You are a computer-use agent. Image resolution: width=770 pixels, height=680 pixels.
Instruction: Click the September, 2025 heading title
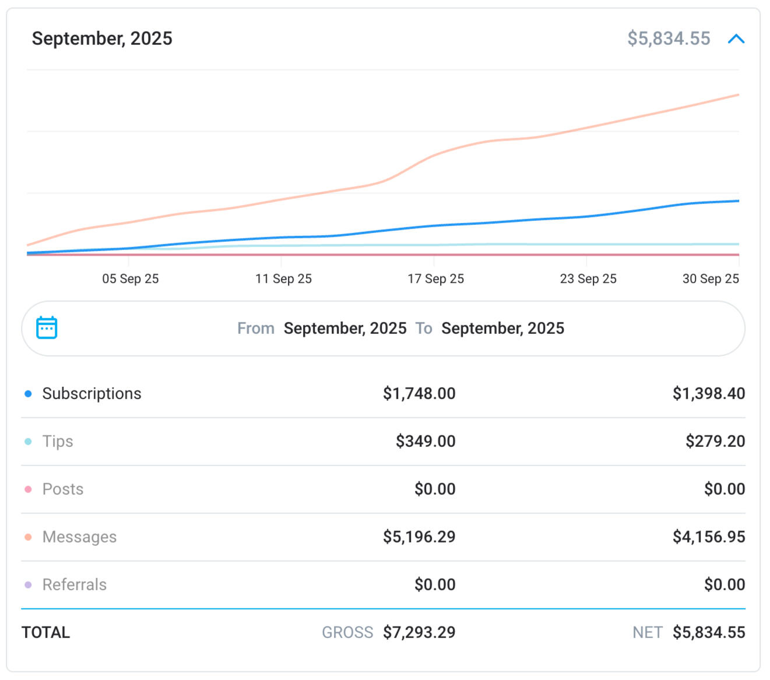[x=102, y=38]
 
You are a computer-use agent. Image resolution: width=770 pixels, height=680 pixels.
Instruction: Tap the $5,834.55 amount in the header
[x=669, y=38]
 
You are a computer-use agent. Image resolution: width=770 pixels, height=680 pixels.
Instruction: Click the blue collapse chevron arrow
[x=736, y=38]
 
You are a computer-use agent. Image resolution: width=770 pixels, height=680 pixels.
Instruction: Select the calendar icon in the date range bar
[x=47, y=327]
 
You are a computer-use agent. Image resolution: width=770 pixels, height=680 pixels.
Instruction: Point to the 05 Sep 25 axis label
[x=131, y=279]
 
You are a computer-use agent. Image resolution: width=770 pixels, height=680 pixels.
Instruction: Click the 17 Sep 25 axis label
[x=435, y=279]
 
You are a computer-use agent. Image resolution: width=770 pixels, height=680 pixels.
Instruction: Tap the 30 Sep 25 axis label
[x=711, y=279]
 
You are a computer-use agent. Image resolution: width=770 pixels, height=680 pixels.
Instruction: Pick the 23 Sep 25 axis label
[x=588, y=279]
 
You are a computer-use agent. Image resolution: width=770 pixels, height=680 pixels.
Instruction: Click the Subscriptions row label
[x=92, y=393]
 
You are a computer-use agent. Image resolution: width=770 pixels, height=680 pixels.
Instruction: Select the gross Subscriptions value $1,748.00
[x=419, y=393]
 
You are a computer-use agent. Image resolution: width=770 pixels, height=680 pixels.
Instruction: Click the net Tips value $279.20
[x=715, y=441]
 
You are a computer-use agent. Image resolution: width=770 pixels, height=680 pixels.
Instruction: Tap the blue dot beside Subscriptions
[x=28, y=394]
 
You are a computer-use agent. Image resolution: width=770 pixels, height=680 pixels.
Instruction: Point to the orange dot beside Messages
[x=28, y=537]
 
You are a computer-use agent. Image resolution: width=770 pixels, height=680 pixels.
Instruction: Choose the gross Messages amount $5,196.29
[x=419, y=537]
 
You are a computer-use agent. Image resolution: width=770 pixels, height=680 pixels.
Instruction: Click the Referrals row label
[x=75, y=584]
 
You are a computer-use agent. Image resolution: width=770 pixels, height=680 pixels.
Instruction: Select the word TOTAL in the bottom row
[x=45, y=632]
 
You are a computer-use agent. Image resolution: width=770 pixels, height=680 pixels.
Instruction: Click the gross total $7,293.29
[x=419, y=632]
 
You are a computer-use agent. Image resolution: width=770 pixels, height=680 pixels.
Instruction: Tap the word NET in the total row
[x=647, y=632]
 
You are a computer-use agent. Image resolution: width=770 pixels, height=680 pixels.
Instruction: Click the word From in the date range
[x=255, y=328]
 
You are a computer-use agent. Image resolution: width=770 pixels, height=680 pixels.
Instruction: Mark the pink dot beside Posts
[x=28, y=489]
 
